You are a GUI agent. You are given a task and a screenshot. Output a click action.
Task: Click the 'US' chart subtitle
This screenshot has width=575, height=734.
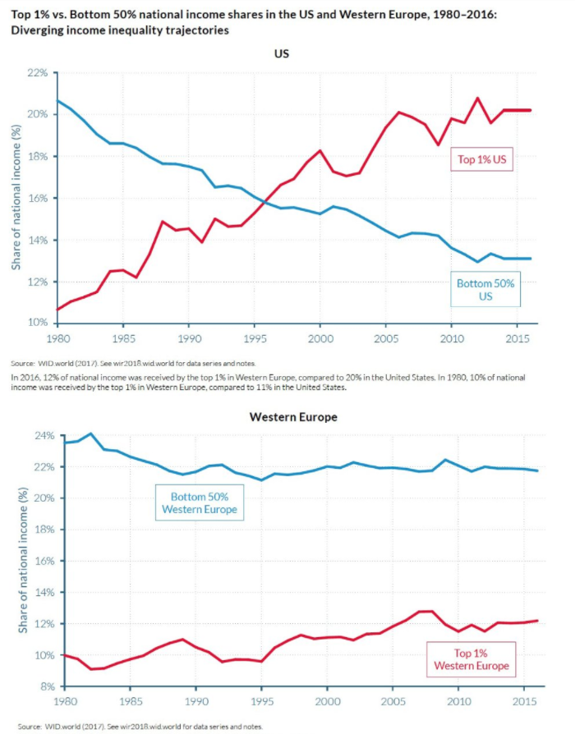tap(282, 53)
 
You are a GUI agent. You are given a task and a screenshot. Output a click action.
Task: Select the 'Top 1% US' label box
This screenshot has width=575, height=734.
tap(482, 159)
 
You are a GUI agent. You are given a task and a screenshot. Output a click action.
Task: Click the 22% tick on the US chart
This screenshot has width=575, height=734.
tap(37, 72)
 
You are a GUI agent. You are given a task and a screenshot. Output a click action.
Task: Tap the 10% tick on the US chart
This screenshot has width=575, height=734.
tap(37, 323)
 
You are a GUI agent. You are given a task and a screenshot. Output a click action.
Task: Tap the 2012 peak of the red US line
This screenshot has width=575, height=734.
tap(477, 99)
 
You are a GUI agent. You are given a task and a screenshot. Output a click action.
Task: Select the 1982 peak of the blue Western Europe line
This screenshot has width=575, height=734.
tap(90, 434)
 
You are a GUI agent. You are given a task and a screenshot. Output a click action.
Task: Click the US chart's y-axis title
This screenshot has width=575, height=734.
tap(16, 197)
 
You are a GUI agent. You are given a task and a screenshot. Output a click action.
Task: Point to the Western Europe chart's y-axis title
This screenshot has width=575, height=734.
tap(20, 561)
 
